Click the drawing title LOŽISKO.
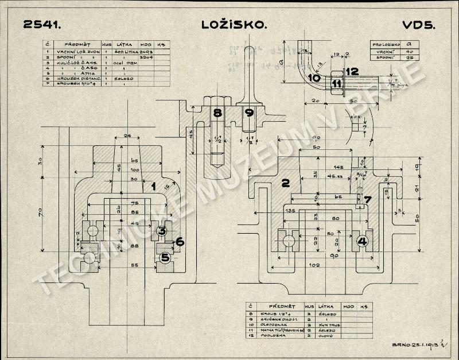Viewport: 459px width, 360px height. click(x=235, y=25)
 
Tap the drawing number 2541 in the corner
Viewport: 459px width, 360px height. click(x=42, y=25)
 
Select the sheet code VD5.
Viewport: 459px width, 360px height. click(x=418, y=25)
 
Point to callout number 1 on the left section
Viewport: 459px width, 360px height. click(x=153, y=186)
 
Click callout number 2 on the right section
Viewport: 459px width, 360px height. click(x=284, y=184)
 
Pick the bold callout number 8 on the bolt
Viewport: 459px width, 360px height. click(x=217, y=113)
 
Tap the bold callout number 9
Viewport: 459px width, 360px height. click(x=248, y=113)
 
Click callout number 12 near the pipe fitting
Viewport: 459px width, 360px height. click(x=352, y=72)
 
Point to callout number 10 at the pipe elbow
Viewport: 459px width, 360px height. click(x=314, y=78)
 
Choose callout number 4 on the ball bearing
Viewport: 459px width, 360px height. click(x=362, y=241)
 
